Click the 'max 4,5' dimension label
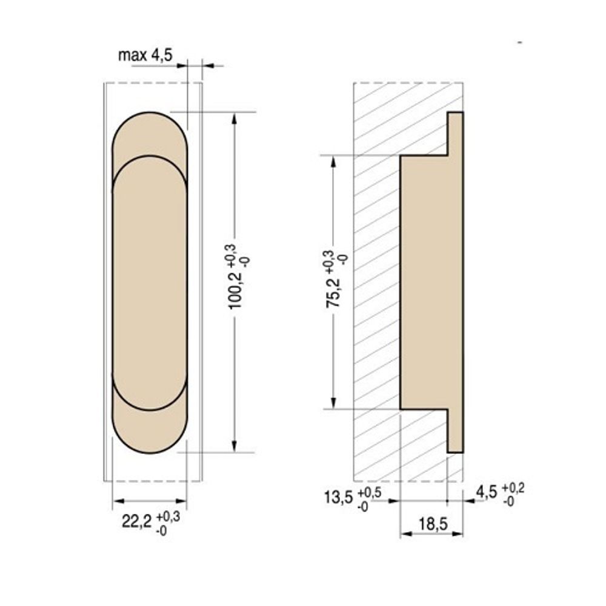tap(145, 56)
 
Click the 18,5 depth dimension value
tap(432, 524)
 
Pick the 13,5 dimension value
tap(338, 498)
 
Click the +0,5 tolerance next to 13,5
tap(369, 492)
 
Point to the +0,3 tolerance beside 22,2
tap(167, 516)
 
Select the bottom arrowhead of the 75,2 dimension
tap(332, 403)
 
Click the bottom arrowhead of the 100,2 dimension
tap(235, 447)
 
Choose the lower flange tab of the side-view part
tap(455, 431)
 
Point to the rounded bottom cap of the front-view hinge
tap(150, 433)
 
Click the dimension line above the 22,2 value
tap(150, 501)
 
